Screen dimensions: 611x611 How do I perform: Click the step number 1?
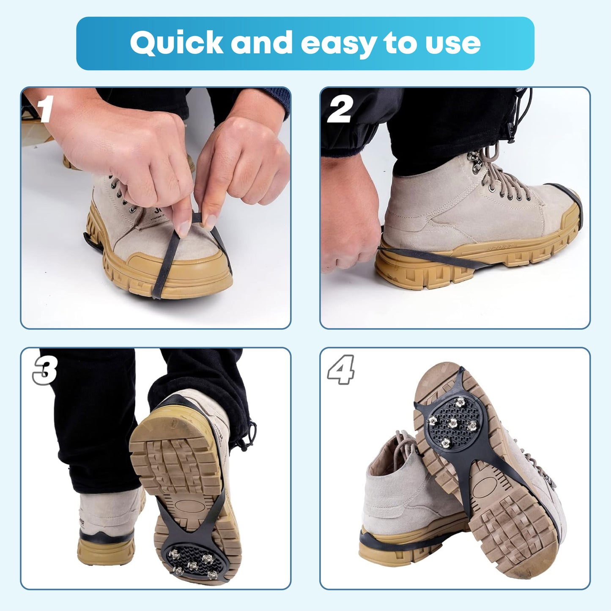46,109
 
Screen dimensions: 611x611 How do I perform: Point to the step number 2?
340,110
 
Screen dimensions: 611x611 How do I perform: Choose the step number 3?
45,370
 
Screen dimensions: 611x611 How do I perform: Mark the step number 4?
341,370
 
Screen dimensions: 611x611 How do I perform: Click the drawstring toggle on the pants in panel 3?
252,431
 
